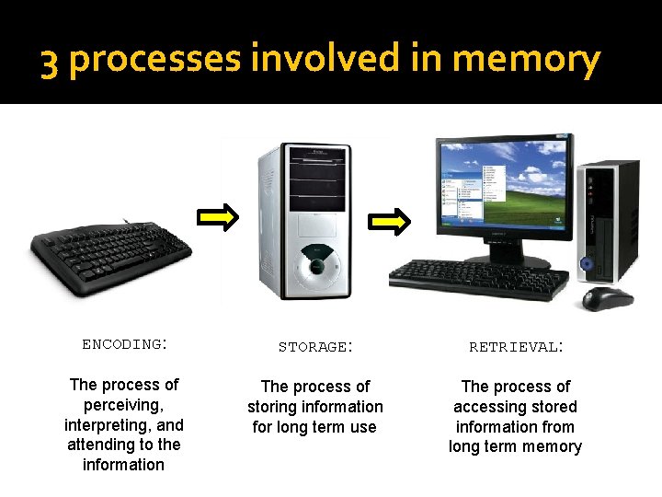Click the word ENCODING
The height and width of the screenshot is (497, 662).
tap(122, 344)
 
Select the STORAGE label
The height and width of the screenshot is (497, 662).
tap(313, 347)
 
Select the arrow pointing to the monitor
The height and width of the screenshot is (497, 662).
tap(390, 221)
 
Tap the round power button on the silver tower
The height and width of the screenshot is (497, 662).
tap(316, 264)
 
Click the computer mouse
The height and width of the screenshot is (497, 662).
tap(608, 297)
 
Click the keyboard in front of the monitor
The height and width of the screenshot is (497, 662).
tap(478, 278)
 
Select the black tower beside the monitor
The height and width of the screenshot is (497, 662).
tap(609, 221)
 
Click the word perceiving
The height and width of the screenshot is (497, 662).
tap(123, 405)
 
